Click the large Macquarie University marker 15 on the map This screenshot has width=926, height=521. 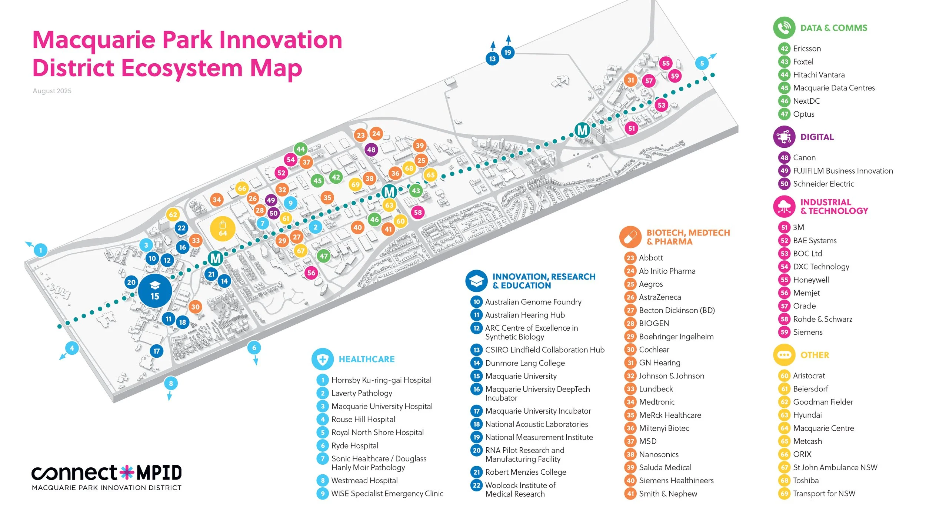pos(155,291)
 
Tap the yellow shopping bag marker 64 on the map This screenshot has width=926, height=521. pos(223,229)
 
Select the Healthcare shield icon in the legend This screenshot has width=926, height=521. pos(323,359)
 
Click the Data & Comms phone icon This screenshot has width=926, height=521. pos(784,28)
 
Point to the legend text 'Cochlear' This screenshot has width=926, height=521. pos(654,350)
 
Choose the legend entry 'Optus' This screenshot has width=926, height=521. pos(803,114)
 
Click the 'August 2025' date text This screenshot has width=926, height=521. pos(52,91)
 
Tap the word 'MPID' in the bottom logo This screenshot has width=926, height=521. pos(159,473)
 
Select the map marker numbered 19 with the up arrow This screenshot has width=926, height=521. pos(507,53)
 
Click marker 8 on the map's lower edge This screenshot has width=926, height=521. pos(171,384)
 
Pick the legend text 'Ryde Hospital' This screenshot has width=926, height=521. pos(355,445)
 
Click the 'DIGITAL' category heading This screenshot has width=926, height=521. pos(817,137)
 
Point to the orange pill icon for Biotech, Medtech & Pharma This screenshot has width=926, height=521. pos(630,237)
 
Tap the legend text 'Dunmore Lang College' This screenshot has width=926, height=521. pos(525,363)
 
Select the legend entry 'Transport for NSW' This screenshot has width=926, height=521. pos(824,494)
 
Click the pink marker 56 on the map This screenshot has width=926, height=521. pos(311,273)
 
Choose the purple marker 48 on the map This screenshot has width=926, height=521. pos(371,150)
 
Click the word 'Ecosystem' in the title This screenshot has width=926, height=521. pos(182,68)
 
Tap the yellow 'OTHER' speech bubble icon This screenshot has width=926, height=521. pos(784,355)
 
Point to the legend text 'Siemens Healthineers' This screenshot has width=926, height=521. pos(676,481)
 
